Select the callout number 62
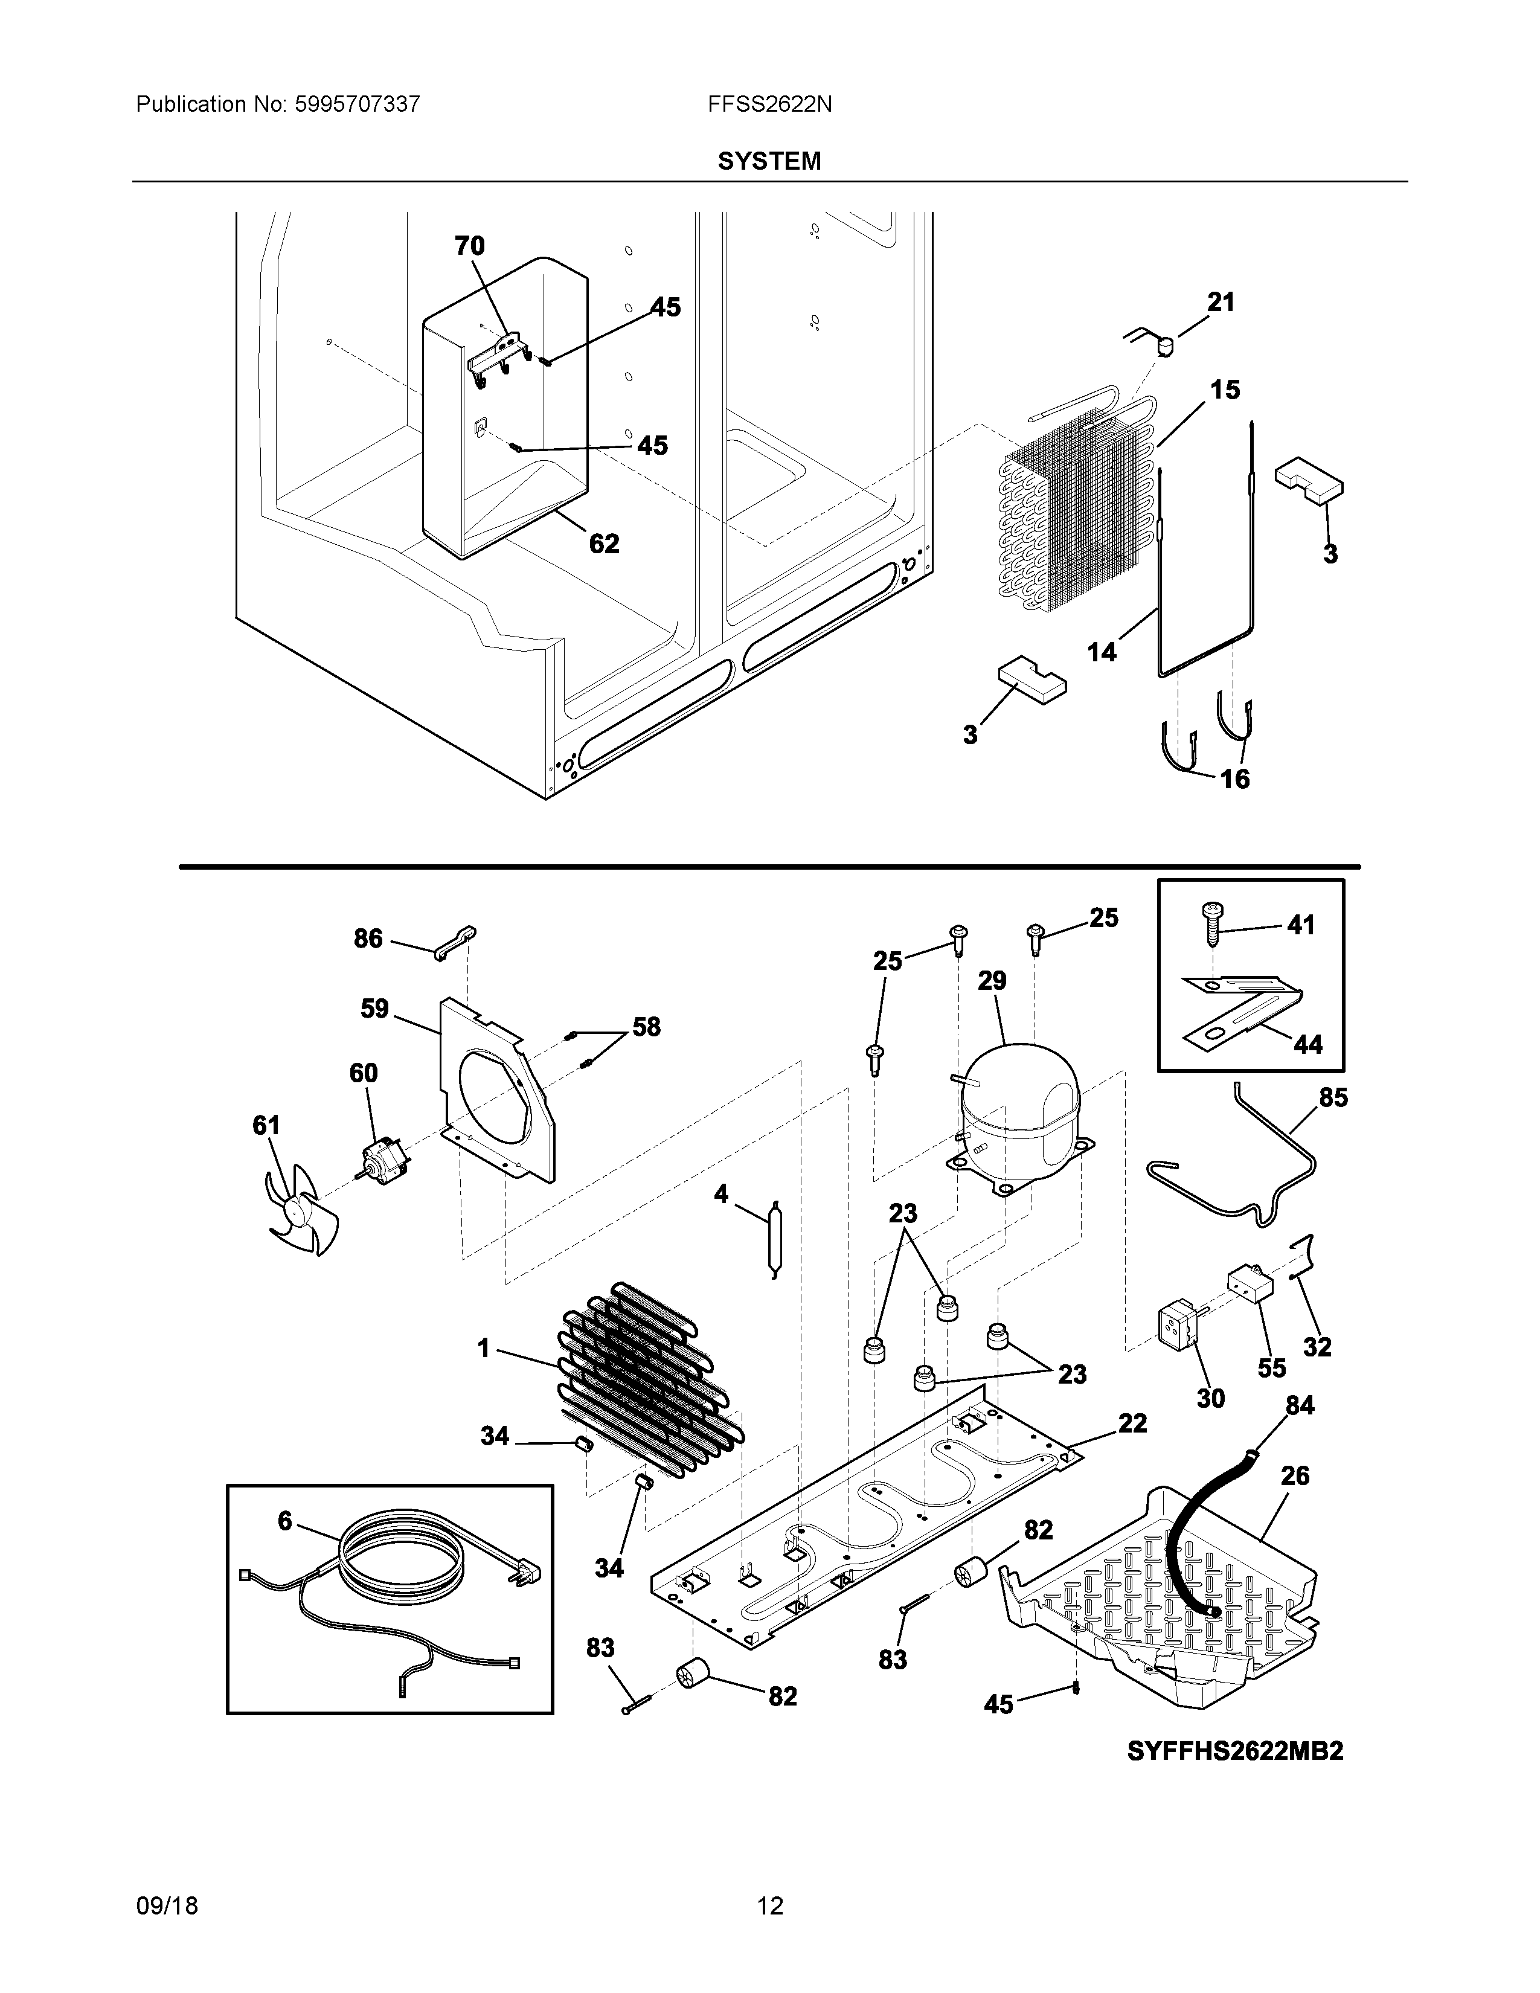tap(604, 544)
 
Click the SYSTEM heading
tap(769, 161)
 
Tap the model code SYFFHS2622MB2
tap(1235, 1751)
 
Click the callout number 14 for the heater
tap(1102, 652)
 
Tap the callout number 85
tap(1333, 1098)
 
